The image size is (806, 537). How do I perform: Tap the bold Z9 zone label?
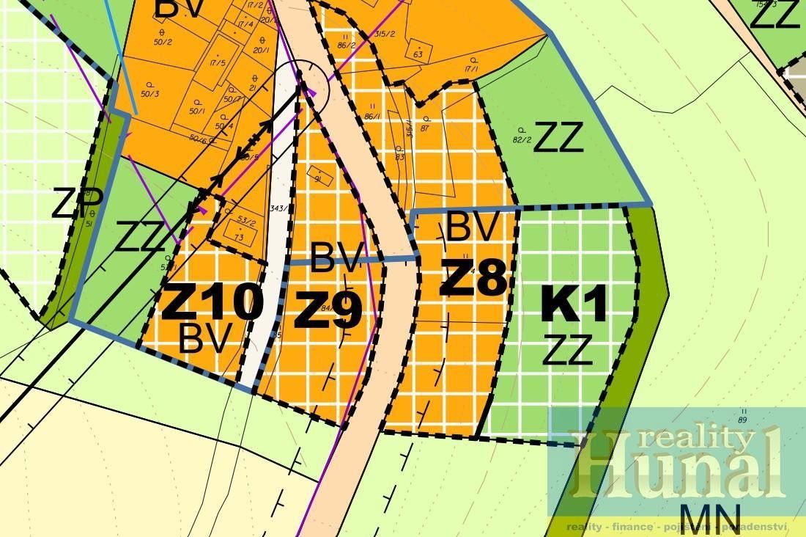[328, 311]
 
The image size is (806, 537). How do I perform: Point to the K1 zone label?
[574, 305]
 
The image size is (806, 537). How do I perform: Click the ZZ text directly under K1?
[566, 350]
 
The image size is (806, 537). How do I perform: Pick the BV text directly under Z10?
[205, 338]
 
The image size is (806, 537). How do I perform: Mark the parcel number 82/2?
[522, 139]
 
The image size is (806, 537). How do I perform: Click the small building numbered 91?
[319, 178]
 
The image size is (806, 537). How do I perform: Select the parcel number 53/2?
[247, 221]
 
